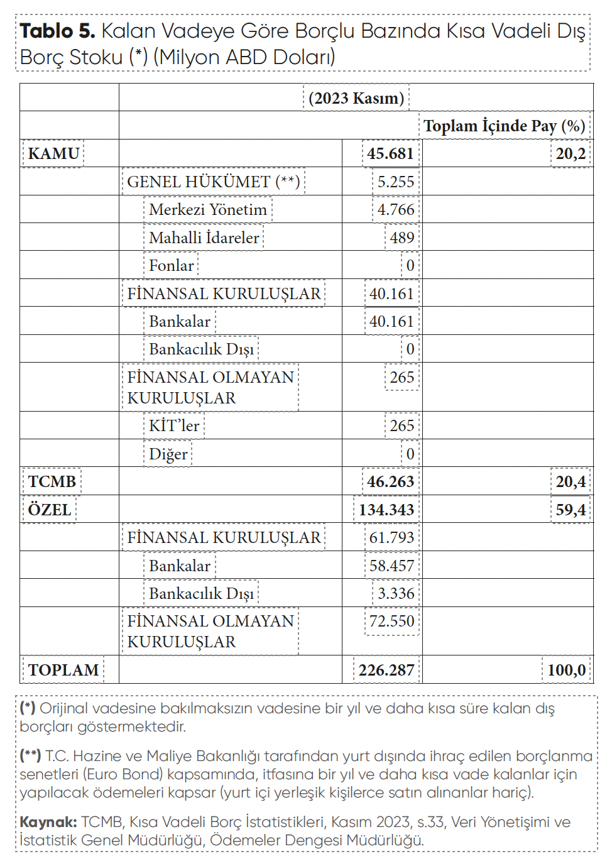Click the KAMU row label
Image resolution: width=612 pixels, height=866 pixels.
(x=53, y=153)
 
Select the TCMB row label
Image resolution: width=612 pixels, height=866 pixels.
(x=52, y=481)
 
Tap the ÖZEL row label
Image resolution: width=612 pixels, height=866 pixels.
(x=50, y=509)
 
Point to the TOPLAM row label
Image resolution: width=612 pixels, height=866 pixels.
(x=63, y=670)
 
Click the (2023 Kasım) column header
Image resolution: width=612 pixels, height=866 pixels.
(x=356, y=98)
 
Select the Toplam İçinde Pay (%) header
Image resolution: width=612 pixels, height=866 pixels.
(x=505, y=126)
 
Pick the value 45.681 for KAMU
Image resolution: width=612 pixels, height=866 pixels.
(x=390, y=153)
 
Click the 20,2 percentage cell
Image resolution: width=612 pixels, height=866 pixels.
(x=571, y=153)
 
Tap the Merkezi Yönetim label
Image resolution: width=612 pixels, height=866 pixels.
(x=208, y=209)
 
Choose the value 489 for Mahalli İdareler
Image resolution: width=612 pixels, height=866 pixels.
(x=402, y=238)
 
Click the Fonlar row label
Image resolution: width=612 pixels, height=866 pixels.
(x=172, y=265)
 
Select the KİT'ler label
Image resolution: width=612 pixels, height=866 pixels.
(x=174, y=425)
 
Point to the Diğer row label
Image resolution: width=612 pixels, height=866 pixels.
(x=168, y=454)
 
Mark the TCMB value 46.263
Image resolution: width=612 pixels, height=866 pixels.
(x=390, y=481)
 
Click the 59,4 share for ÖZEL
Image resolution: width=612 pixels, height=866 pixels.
(x=571, y=509)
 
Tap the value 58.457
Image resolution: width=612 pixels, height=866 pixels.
(x=391, y=566)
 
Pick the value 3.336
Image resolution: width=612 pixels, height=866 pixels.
(x=396, y=593)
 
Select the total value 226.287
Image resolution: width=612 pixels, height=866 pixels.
(x=386, y=670)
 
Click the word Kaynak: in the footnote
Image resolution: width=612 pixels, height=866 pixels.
(x=48, y=822)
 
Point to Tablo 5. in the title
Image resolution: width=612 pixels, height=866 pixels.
(x=57, y=31)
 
